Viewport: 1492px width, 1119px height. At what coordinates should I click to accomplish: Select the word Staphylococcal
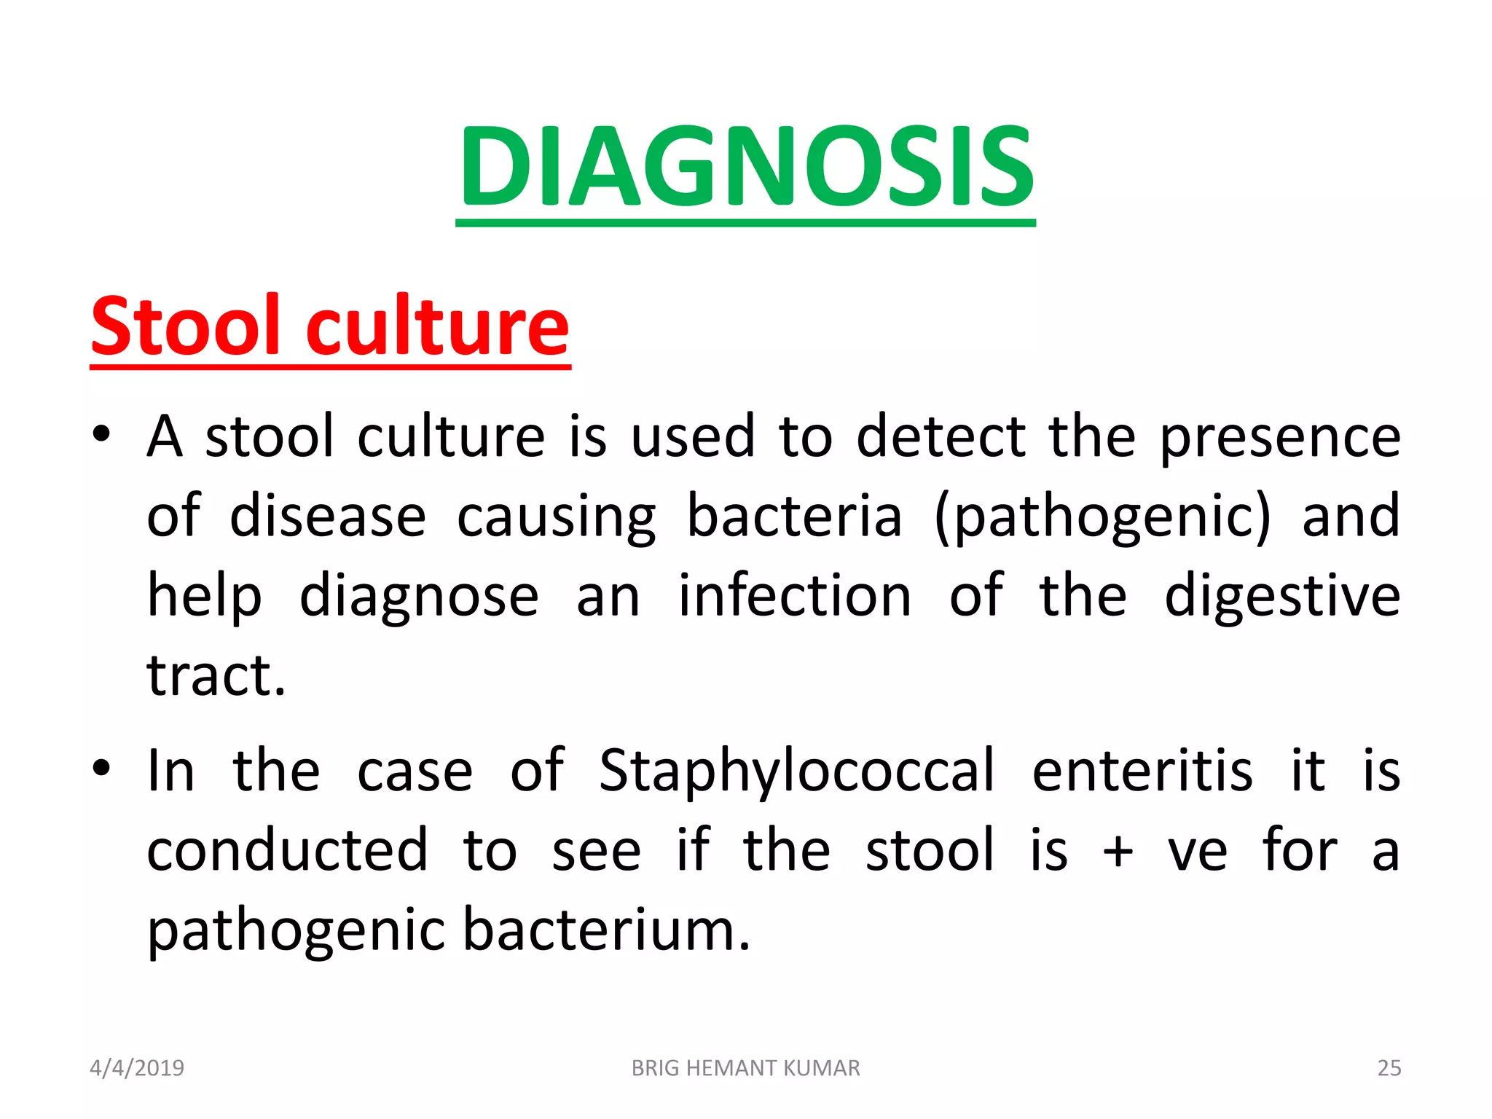(796, 771)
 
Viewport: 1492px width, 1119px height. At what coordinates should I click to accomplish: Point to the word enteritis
(1142, 771)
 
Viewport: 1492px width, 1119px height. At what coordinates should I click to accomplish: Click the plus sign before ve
(1118, 851)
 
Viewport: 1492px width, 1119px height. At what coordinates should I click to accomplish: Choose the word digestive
(1282, 596)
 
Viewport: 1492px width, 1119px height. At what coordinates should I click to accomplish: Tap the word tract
(216, 675)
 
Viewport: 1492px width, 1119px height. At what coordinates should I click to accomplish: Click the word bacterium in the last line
(606, 930)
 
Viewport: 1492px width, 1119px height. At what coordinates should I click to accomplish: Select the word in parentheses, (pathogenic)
(1102, 517)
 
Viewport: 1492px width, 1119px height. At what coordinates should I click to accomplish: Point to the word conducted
(287, 851)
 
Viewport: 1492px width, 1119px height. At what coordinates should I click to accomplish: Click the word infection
(795, 596)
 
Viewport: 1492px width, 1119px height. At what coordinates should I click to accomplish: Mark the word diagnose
(419, 596)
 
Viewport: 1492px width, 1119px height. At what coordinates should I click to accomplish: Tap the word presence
(1280, 437)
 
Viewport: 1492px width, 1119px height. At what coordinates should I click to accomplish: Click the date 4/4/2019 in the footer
(137, 1068)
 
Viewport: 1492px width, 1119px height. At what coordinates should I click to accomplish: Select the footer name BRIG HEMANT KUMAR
(745, 1068)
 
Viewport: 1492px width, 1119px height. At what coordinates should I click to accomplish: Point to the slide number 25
(1389, 1068)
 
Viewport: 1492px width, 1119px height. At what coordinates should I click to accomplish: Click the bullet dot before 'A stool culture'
(101, 434)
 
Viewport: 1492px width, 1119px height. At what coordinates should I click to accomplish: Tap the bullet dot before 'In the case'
(101, 768)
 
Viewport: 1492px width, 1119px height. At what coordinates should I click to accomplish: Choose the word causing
(556, 517)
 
